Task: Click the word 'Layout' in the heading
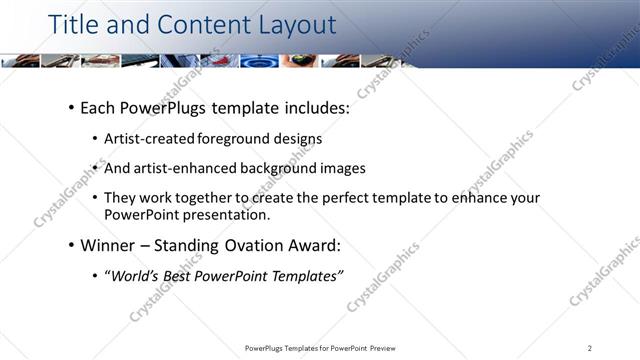point(288,23)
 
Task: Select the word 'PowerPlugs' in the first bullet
point(162,105)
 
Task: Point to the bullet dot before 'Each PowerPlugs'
point(71,106)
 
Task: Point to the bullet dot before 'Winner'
point(71,245)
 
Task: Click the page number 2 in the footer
point(590,348)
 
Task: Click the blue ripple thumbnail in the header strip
point(259,60)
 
